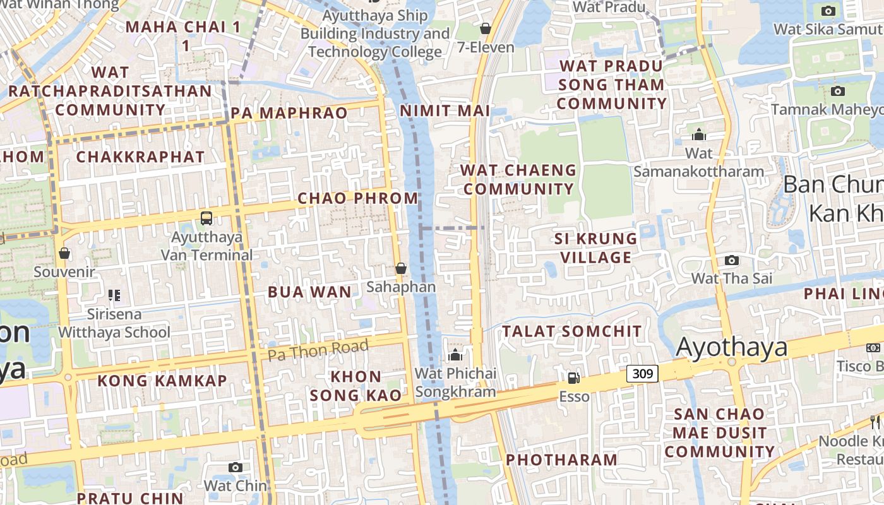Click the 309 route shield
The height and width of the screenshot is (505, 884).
(x=643, y=374)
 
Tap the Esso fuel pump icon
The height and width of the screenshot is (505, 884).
(x=573, y=378)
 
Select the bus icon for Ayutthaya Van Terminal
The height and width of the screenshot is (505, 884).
(x=206, y=218)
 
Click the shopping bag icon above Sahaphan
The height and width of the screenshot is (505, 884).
(x=400, y=268)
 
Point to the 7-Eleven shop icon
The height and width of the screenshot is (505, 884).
(x=485, y=28)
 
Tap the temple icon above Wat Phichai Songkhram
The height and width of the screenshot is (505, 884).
(x=455, y=355)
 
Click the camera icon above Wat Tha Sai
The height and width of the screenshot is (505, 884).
(x=731, y=260)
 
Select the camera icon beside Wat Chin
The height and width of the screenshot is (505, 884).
(x=236, y=467)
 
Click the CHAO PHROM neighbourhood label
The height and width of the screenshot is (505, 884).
(x=358, y=198)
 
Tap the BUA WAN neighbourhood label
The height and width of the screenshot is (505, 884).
(x=309, y=292)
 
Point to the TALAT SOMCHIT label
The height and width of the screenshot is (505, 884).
(x=571, y=331)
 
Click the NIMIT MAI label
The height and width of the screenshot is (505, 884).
(x=445, y=110)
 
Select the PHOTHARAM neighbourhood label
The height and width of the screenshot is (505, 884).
(x=561, y=460)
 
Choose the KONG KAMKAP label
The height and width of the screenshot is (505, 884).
(x=162, y=381)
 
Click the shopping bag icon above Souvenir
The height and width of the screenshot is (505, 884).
(x=64, y=254)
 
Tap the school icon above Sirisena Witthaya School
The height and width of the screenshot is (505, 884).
(x=114, y=295)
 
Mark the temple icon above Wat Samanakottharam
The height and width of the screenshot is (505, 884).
(x=698, y=134)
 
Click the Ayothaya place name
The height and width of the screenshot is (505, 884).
(x=732, y=348)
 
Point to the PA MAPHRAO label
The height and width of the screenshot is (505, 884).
(x=289, y=113)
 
